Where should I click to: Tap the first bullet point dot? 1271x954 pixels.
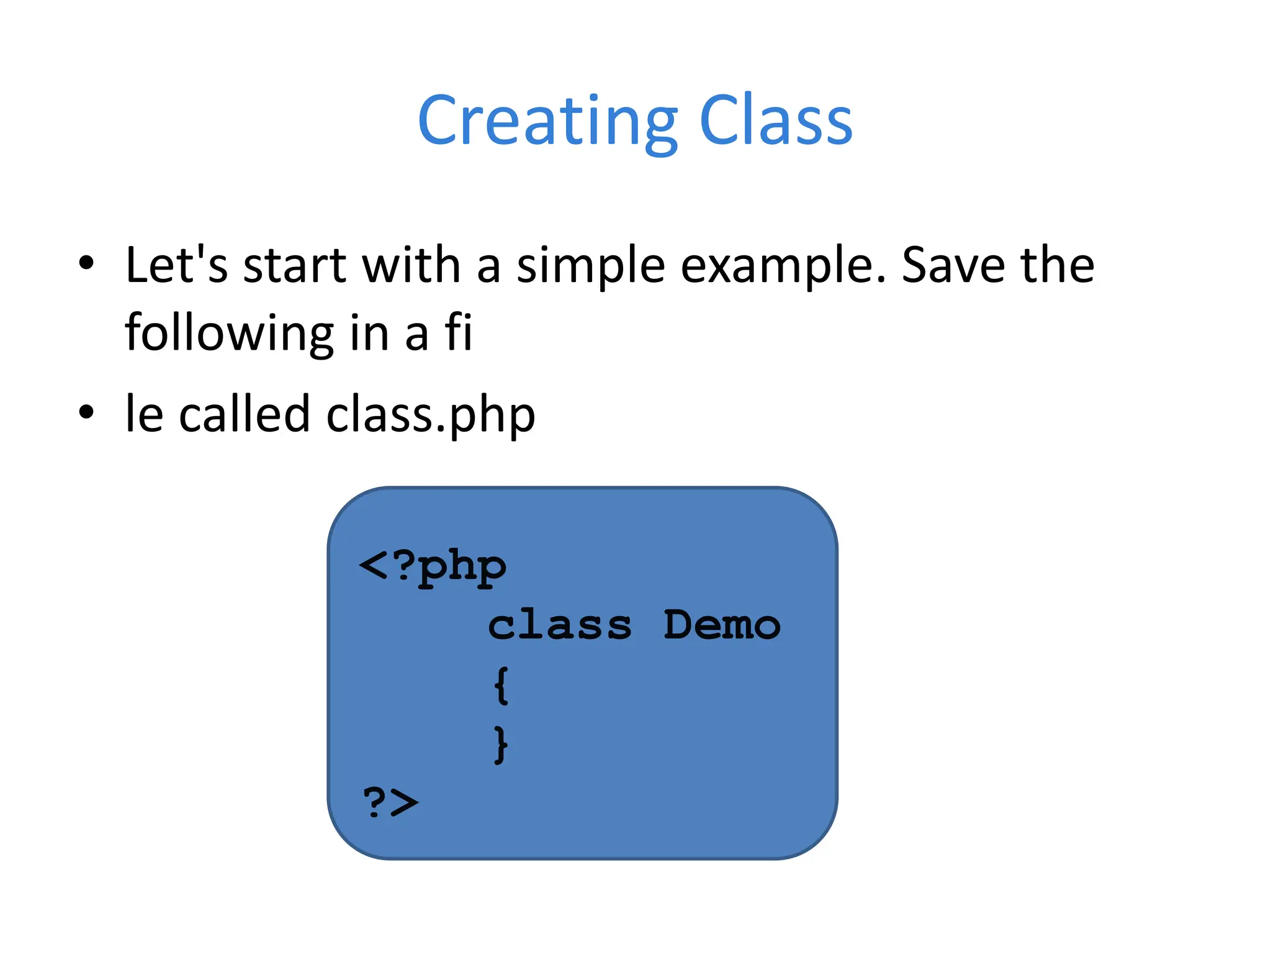pyautogui.click(x=86, y=263)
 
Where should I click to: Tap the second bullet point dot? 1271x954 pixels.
pyautogui.click(x=86, y=412)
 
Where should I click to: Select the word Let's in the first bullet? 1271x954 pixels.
pyautogui.click(x=176, y=265)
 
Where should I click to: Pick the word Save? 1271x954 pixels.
pyautogui.click(x=953, y=265)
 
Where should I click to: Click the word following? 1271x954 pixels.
pyautogui.click(x=229, y=334)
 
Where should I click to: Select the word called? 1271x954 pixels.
pyautogui.click(x=244, y=414)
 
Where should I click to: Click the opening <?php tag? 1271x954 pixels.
pyautogui.click(x=433, y=567)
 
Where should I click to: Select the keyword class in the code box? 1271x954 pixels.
pyautogui.click(x=559, y=625)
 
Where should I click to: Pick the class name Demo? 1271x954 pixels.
pyautogui.click(x=722, y=625)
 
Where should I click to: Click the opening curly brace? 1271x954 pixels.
pyautogui.click(x=501, y=685)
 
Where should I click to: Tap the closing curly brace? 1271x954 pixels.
pyautogui.click(x=501, y=744)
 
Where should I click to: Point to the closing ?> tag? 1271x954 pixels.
pyautogui.click(x=390, y=802)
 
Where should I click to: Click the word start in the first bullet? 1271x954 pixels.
pyautogui.click(x=294, y=266)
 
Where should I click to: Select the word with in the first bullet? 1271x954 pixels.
pyautogui.click(x=411, y=265)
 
